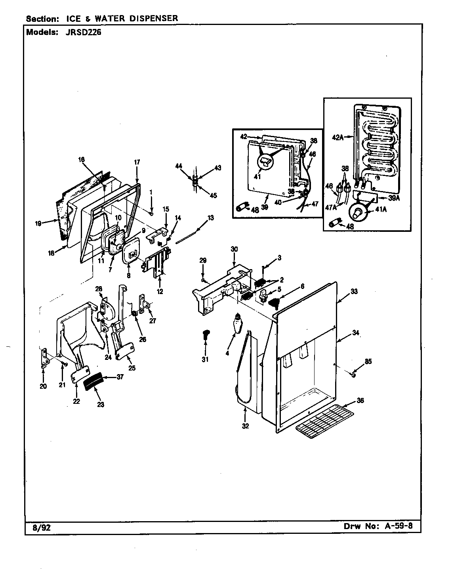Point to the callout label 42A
337,138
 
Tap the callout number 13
210,217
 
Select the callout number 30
234,249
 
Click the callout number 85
368,361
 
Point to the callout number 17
137,162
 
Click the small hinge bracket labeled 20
44,358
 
